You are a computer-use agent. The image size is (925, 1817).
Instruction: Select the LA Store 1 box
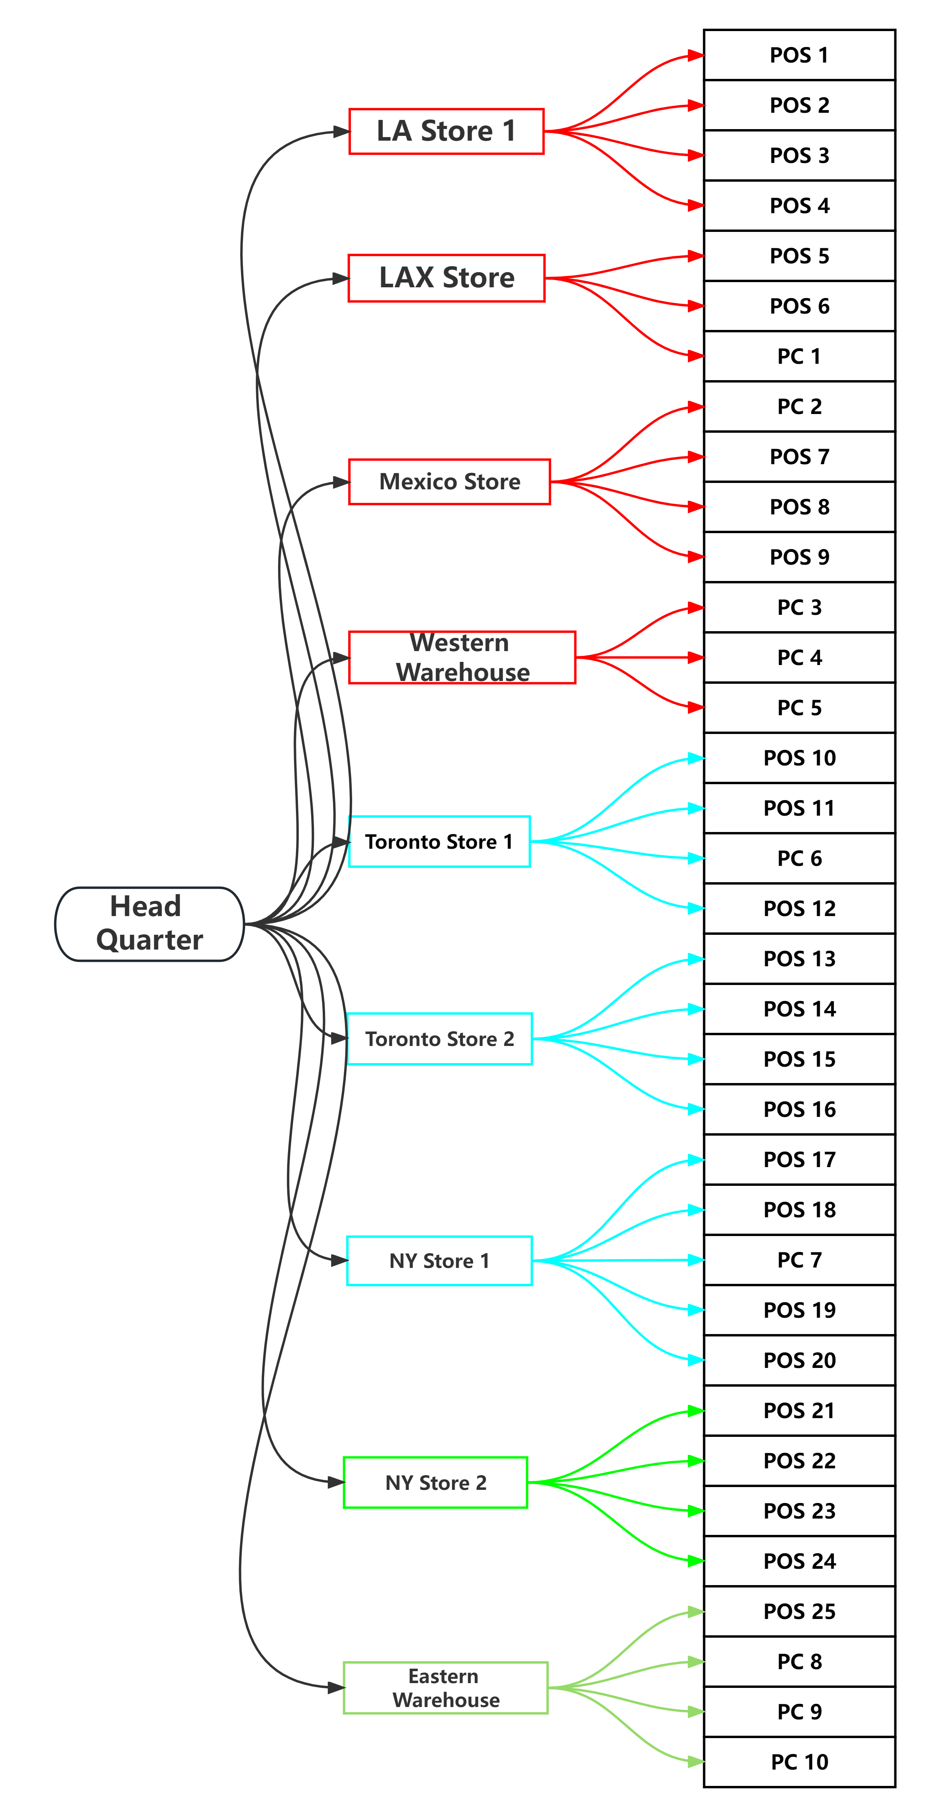coord(446,131)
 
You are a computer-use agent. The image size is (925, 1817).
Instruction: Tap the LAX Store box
coord(446,278)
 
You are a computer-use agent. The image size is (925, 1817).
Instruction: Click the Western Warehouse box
coord(462,657)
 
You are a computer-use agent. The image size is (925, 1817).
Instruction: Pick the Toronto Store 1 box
coord(439,842)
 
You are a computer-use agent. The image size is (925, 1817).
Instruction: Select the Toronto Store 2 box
coord(439,1039)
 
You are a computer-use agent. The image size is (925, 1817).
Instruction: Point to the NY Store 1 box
coord(439,1260)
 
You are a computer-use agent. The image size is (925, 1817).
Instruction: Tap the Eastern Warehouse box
coord(446,1688)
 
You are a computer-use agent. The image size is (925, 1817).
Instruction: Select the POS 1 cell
coord(800,55)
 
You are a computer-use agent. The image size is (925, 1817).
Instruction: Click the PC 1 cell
coord(800,356)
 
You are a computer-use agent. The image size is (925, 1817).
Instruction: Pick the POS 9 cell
coord(800,557)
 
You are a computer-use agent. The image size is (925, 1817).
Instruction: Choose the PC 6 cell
coord(800,858)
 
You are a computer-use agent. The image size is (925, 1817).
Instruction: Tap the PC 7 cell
coord(800,1260)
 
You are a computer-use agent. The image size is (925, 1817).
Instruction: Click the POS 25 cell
coord(800,1611)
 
